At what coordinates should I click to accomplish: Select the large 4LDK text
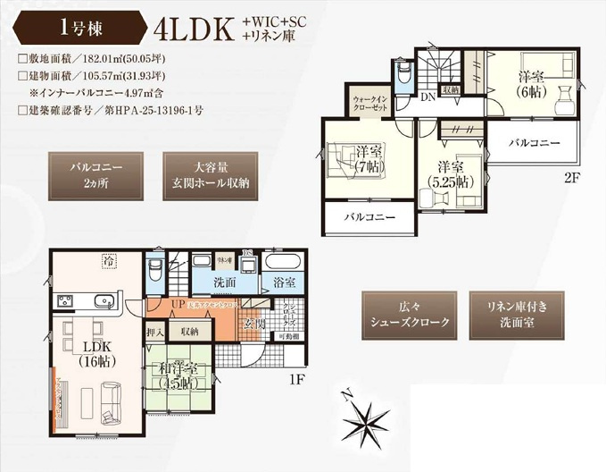(x=193, y=29)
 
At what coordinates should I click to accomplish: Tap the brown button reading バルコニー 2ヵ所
(x=95, y=174)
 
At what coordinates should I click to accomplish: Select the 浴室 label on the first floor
(x=285, y=283)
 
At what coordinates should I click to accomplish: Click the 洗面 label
(x=226, y=283)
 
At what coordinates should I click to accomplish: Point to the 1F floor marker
(x=298, y=379)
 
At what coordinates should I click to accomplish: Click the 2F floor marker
(x=571, y=178)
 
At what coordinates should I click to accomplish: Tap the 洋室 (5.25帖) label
(x=450, y=174)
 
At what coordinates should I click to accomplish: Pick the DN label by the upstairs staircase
(x=428, y=97)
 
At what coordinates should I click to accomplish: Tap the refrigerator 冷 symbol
(x=108, y=262)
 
